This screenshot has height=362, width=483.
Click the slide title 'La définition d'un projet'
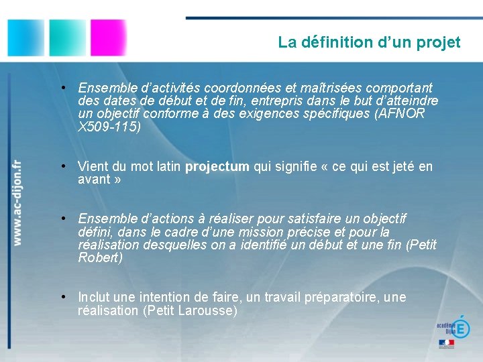coord(369,42)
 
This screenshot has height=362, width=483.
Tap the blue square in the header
coord(26,37)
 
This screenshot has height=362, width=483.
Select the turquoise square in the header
coord(67,37)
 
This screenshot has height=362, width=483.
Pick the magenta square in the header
coord(108,37)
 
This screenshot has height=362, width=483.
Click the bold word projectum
coord(217,166)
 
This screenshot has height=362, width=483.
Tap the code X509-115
coord(107,127)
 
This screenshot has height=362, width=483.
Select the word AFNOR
coord(402,114)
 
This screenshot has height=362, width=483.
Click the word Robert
coord(99,257)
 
